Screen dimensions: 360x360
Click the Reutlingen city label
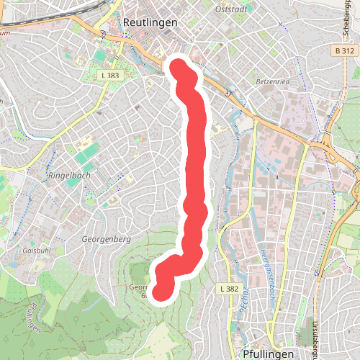click(x=150, y=22)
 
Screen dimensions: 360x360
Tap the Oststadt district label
click(x=230, y=9)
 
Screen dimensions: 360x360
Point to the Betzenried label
click(x=272, y=82)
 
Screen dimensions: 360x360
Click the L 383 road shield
click(x=110, y=74)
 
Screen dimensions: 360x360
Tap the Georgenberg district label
click(x=105, y=238)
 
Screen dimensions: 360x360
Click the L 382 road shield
click(x=228, y=289)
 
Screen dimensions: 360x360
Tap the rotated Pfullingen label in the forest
click(x=31, y=317)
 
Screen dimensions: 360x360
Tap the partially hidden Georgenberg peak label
click(x=138, y=290)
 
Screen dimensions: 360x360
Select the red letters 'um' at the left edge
click(x=5, y=32)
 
